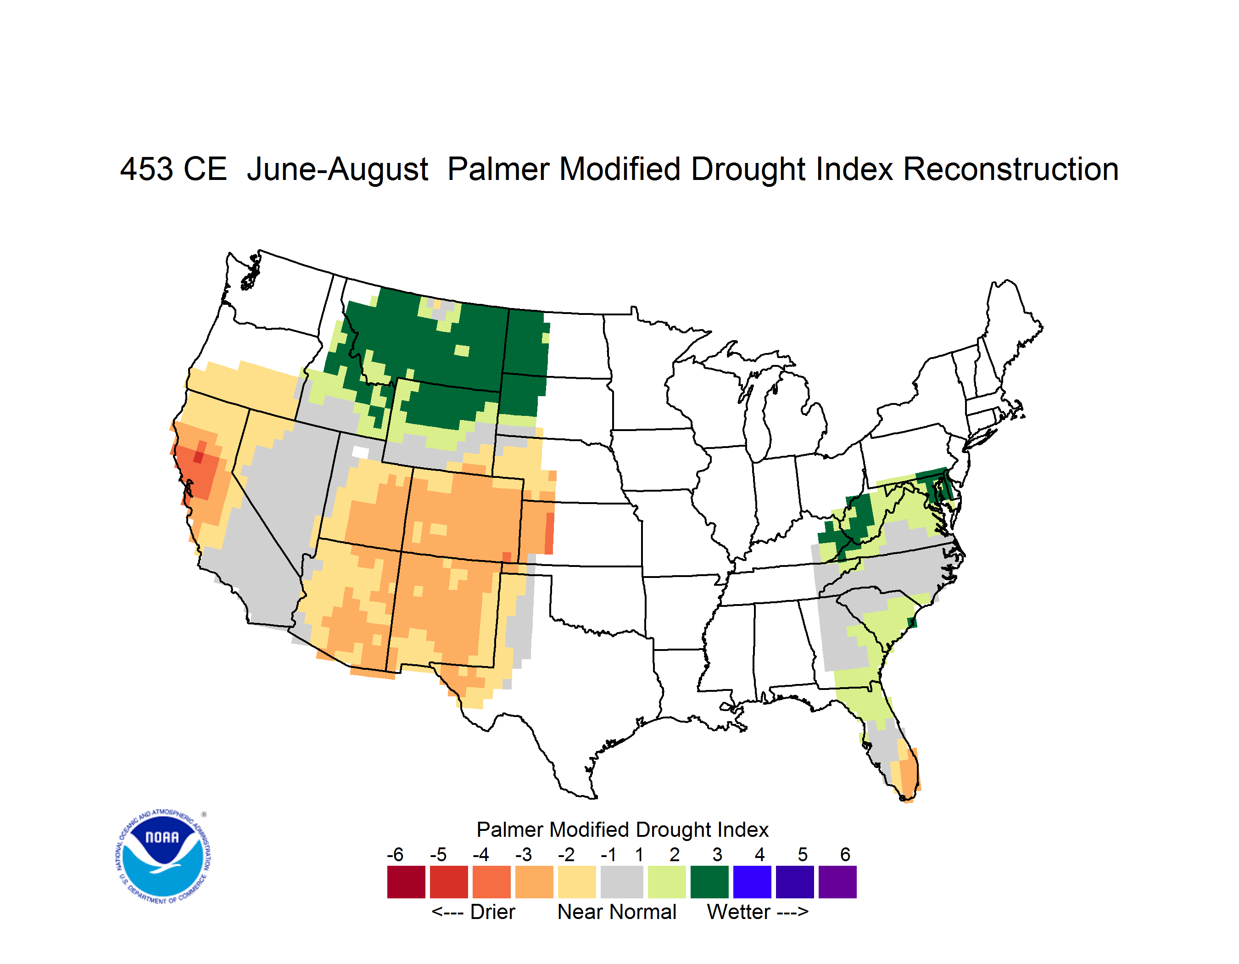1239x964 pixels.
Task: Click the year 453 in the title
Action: click(146, 169)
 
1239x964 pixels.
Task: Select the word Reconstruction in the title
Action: click(1010, 169)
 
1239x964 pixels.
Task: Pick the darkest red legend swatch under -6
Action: click(406, 882)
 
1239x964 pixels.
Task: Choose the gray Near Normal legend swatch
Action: click(622, 882)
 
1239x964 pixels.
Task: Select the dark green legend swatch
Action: click(709, 882)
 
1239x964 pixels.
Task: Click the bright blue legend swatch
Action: click(752, 882)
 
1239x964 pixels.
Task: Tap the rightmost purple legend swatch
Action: click(837, 882)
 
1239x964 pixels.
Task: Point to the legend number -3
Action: click(524, 854)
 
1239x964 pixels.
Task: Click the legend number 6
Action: click(845, 854)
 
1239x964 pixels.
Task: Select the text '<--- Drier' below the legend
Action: click(473, 912)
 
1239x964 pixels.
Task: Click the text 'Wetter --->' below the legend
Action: click(757, 912)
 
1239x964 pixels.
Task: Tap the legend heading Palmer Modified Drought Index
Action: click(622, 829)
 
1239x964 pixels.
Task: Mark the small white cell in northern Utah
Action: click(361, 452)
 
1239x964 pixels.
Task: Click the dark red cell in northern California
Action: click(199, 457)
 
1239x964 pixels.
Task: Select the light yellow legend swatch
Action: click(577, 882)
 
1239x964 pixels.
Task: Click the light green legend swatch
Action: click(667, 882)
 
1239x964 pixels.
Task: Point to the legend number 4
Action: click(759, 854)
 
